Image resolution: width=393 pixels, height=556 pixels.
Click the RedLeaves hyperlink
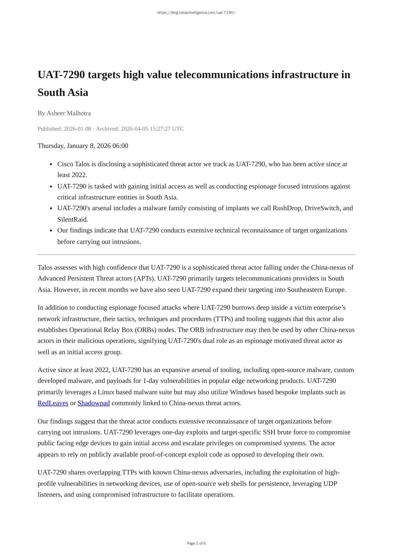coord(53,403)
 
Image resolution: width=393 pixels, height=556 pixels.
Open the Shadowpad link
coord(93,403)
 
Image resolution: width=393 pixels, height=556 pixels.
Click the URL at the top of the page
coord(196,13)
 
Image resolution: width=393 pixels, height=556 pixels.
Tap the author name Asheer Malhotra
coord(69,113)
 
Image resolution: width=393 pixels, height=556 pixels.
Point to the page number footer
coord(196,543)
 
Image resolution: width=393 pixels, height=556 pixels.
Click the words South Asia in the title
coord(63,92)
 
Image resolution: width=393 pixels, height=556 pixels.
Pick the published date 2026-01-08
coord(77,129)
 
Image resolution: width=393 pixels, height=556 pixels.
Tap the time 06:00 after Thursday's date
coord(120,146)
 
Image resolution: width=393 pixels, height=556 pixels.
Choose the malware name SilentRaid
coord(72,219)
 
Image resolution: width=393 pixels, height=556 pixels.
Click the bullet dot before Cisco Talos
coord(51,164)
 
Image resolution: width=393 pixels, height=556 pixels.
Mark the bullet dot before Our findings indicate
coord(51,231)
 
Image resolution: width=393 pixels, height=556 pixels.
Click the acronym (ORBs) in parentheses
coord(146,330)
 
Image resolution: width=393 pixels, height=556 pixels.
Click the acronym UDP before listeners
coord(330,483)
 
